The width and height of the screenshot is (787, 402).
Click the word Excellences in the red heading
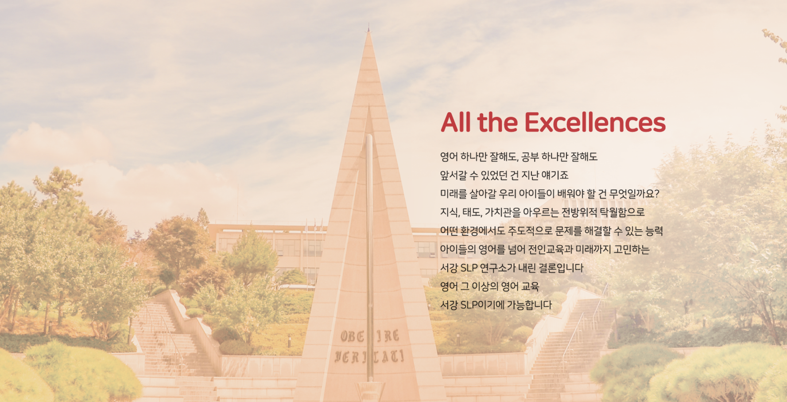(595, 122)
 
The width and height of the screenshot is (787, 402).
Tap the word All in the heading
(456, 122)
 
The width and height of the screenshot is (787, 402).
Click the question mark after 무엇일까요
(657, 194)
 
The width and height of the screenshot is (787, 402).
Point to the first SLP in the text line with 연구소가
(469, 268)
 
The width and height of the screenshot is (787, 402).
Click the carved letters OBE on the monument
(353, 336)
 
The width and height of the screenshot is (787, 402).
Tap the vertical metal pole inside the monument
(369, 257)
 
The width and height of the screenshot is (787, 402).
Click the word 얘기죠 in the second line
(558, 175)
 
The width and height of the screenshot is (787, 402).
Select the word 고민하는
(631, 250)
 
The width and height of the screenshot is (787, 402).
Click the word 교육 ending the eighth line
(531, 286)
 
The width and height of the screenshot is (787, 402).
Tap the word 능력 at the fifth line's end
(654, 231)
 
